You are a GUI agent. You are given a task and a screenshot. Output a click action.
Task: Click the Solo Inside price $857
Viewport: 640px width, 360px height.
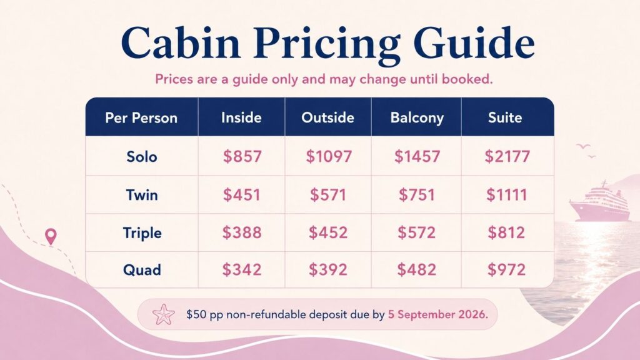[x=242, y=156]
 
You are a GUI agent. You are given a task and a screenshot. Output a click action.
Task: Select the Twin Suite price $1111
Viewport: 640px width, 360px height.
[x=506, y=195]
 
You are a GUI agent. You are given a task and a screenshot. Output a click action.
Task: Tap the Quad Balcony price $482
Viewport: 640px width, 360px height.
[x=417, y=270]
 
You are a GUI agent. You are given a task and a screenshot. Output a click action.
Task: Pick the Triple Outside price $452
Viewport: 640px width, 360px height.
[x=328, y=232]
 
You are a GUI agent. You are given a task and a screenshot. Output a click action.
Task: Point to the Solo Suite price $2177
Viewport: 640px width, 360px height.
[x=507, y=156]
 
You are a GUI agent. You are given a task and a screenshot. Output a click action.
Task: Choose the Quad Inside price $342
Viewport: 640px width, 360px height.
[x=242, y=270]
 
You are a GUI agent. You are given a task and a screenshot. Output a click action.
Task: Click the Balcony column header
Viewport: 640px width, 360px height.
[x=417, y=117]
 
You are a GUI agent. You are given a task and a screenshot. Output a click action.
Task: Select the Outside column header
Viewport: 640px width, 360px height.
[x=327, y=117]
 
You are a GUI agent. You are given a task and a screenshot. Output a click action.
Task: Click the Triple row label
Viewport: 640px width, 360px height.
[x=142, y=233]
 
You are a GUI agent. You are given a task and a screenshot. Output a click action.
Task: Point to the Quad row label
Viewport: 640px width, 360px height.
[x=142, y=270]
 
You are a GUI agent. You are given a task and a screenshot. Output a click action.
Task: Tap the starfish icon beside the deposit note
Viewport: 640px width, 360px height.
[x=163, y=314]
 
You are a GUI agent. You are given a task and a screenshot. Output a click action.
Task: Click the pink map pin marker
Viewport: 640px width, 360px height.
[x=51, y=236]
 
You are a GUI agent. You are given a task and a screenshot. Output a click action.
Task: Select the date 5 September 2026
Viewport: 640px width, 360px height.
[x=437, y=315]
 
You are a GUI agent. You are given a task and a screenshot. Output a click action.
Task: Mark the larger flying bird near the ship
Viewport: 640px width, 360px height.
[x=583, y=146]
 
